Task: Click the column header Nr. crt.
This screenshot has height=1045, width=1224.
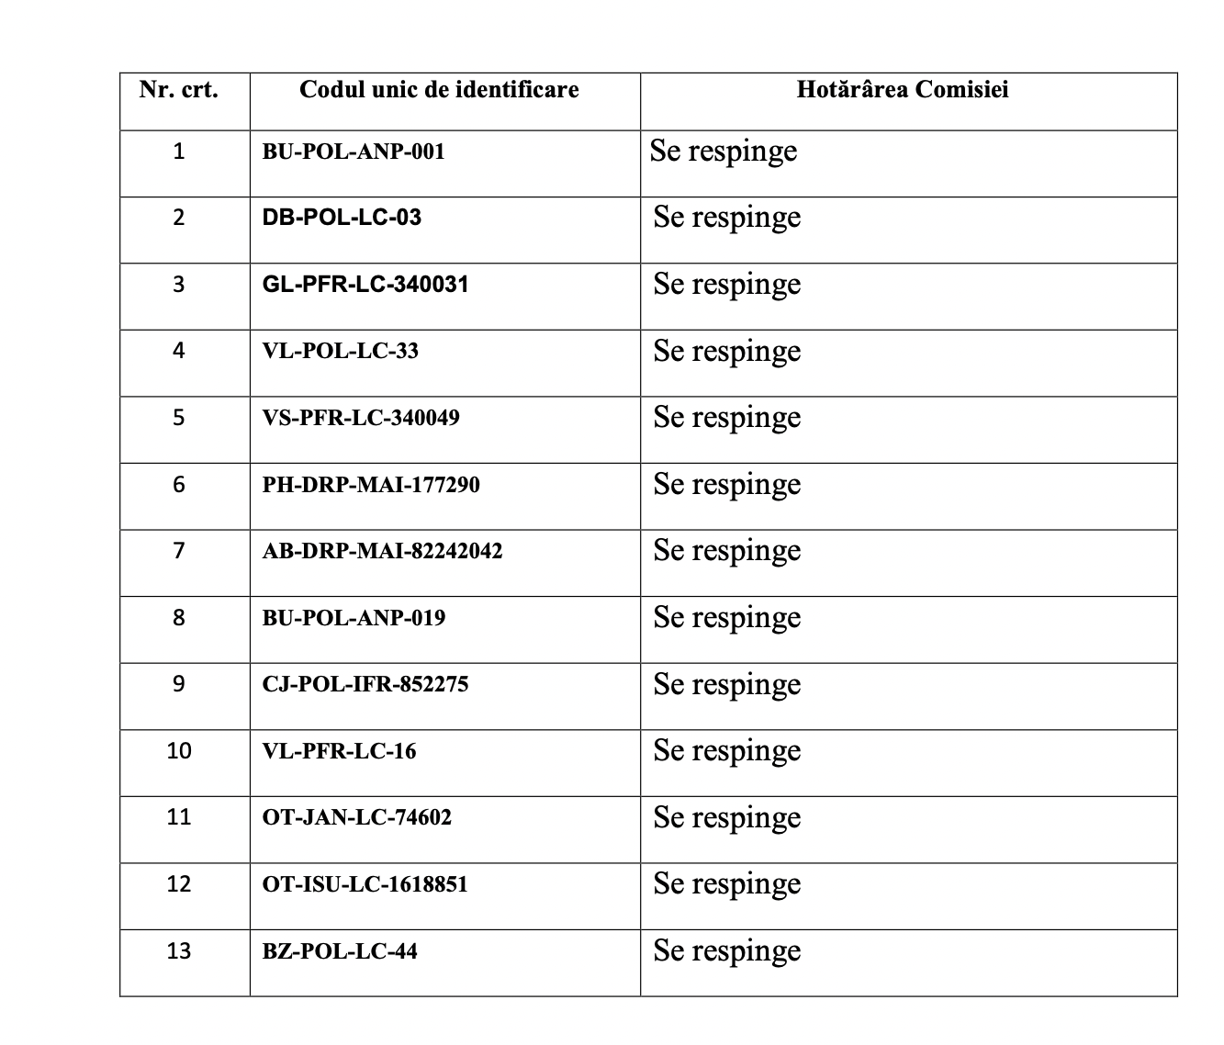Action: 179,90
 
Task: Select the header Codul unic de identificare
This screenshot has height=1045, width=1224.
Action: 439,90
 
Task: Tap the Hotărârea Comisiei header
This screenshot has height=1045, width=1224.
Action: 903,90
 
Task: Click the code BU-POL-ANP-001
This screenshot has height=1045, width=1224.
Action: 354,152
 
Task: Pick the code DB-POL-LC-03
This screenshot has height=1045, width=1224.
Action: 342,218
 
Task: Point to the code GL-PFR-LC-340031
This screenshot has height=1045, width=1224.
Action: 365,285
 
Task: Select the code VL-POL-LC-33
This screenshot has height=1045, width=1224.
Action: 340,351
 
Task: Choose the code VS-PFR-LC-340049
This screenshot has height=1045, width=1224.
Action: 361,418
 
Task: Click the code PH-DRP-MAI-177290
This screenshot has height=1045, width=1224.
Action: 371,485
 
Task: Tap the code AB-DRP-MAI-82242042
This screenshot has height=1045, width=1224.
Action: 382,551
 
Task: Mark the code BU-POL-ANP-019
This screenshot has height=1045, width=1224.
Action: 354,618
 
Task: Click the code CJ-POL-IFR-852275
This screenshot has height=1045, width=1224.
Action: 365,684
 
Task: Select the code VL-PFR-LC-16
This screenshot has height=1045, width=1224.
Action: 339,751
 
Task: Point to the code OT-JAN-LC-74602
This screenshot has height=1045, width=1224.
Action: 357,817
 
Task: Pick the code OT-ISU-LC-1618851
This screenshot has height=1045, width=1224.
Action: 365,884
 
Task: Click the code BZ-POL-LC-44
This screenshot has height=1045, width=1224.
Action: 340,950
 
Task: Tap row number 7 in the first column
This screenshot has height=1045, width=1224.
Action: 179,551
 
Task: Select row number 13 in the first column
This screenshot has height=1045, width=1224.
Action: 179,950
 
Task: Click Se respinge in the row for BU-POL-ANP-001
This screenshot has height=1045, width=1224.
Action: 724,152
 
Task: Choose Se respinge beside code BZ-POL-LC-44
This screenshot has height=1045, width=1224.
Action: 727,950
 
